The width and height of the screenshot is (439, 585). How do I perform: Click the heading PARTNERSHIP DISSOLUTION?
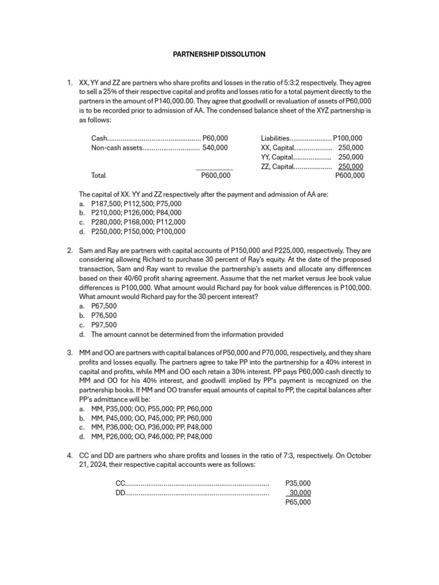pos(219,54)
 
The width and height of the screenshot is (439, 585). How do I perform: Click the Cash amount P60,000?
pos(215,138)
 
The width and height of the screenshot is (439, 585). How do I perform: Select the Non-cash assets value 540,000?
pos(215,147)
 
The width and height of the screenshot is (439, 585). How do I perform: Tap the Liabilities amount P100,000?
pos(348,138)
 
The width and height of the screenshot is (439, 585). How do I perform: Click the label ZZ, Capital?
pos(277,166)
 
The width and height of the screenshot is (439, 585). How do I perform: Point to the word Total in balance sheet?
pos(98,176)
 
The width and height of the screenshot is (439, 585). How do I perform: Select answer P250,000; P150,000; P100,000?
pos(138,231)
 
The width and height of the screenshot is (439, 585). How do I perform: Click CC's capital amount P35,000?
pos(298,483)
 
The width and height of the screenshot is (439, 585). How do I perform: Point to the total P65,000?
pos(298,502)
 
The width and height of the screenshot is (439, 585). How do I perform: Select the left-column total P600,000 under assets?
pos(216,176)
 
